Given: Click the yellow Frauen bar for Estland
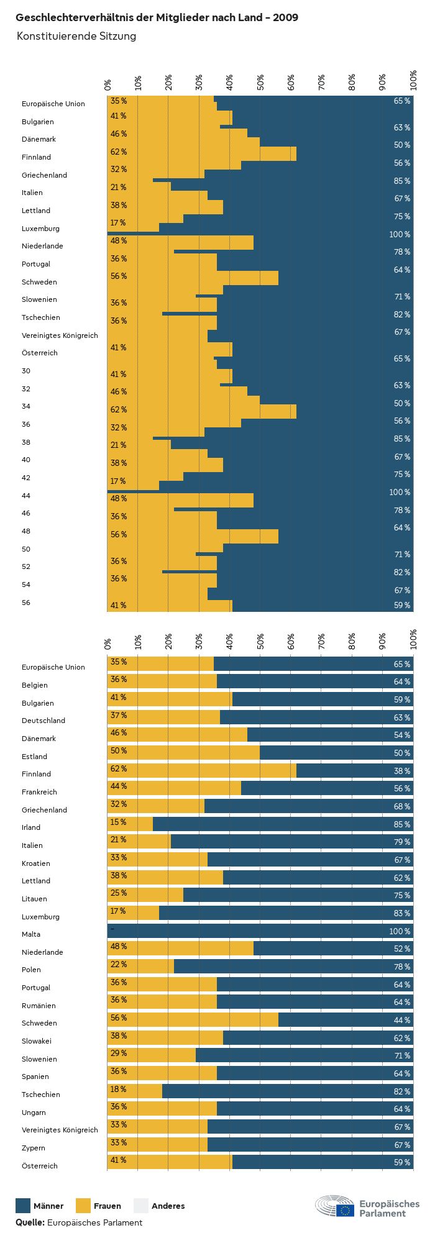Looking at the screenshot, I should (183, 753).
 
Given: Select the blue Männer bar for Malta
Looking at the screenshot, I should (261, 931).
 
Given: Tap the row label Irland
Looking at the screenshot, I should (31, 827).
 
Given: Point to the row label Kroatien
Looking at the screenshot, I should (36, 863).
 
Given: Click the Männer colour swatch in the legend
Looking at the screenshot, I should (23, 1206).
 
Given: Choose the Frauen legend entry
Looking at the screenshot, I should (107, 1206).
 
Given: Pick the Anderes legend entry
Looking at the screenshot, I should (168, 1206).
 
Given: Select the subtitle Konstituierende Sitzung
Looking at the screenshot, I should (76, 36).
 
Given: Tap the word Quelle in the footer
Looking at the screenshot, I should (30, 1222).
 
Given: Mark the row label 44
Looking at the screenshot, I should (26, 496).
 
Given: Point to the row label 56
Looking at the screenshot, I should (26, 603).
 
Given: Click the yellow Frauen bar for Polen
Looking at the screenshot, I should (141, 967).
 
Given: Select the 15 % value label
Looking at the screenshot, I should (119, 822).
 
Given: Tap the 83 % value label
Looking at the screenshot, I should (402, 913).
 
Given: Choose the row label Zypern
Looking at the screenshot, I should (34, 1148).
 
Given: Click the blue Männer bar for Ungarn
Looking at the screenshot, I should (314, 1109).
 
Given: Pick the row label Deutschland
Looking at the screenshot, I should (43, 721).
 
